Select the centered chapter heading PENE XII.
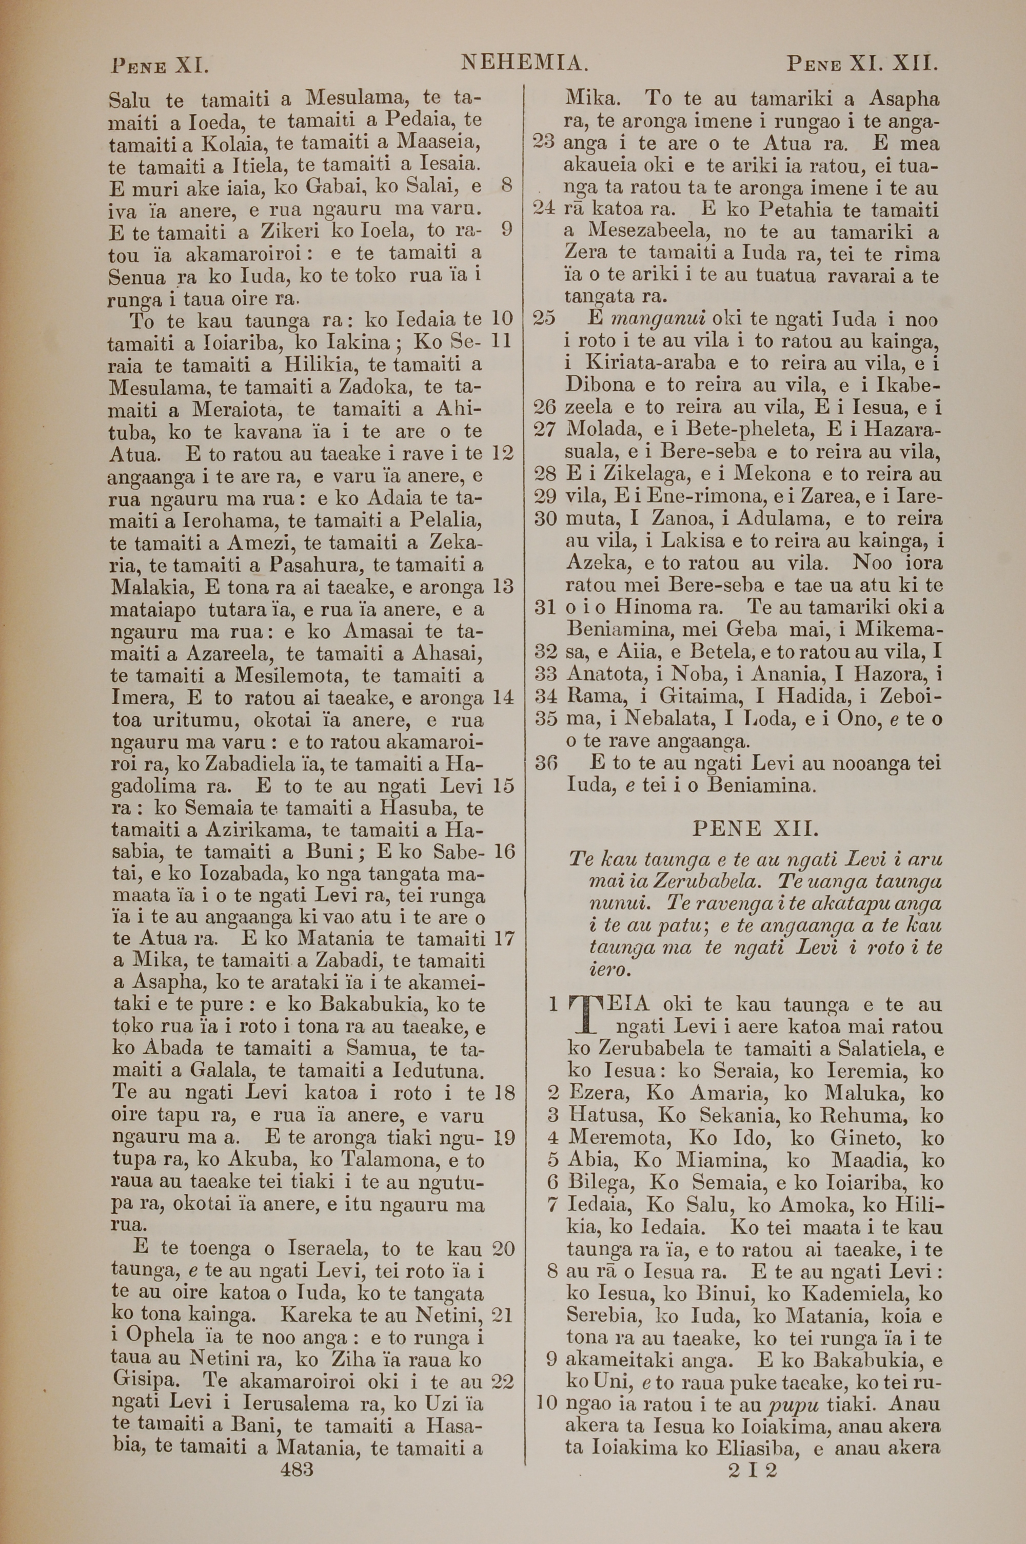pos(755,828)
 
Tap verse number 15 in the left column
pos(503,785)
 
